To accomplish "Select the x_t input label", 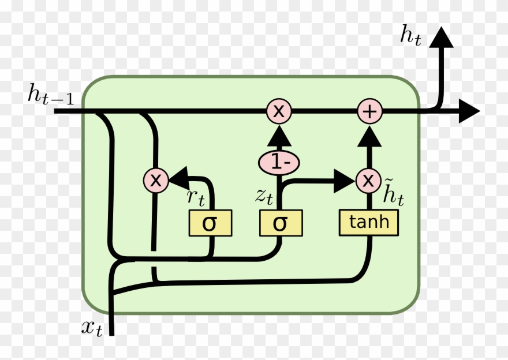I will (92, 328).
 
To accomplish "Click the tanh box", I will (368, 222).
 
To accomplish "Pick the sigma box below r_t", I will (210, 223).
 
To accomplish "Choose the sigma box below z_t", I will (280, 223).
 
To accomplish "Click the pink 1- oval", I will (280, 162).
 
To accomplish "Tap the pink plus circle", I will (368, 111).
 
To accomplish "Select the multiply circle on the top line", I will (279, 111).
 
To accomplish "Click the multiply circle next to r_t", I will (155, 181).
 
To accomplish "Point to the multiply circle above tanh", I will (368, 181).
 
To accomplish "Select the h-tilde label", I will (394, 194).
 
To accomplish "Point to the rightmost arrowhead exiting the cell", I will (469, 111).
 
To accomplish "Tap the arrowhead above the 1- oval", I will (280, 136).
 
